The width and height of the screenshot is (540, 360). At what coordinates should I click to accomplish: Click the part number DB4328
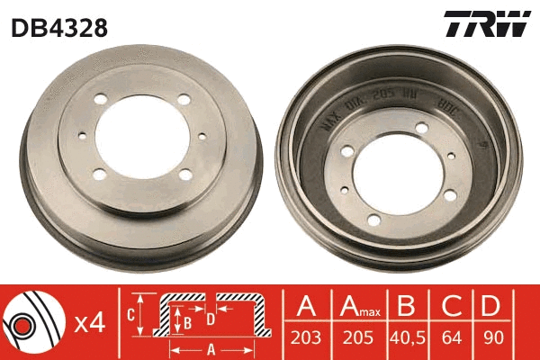[59, 28]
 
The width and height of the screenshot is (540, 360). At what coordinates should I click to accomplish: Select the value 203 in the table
[307, 340]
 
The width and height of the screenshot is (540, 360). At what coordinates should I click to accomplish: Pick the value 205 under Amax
[356, 340]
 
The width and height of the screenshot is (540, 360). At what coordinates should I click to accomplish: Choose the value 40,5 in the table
[407, 340]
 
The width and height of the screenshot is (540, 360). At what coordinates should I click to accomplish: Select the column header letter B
[407, 305]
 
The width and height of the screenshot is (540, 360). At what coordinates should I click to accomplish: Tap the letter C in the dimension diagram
[130, 314]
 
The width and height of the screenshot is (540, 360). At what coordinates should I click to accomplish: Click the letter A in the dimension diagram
[211, 349]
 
